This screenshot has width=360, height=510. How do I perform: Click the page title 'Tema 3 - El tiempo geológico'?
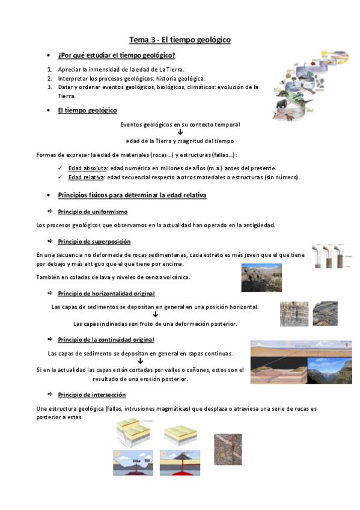point(180,40)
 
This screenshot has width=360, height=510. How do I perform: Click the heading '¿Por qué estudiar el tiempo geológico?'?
point(117,55)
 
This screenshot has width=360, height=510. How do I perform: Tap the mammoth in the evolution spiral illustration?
point(282,103)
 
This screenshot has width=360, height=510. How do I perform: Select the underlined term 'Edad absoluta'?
point(88,168)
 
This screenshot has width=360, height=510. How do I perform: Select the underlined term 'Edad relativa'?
point(87,177)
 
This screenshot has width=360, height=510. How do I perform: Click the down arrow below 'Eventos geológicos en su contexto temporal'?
point(180,133)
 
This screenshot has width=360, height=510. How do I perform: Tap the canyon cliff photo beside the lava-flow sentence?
point(261,277)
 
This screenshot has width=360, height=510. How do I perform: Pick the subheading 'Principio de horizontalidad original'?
point(106,293)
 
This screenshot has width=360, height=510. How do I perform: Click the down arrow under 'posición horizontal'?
point(155,315)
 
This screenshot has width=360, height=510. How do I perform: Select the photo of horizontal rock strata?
point(294,313)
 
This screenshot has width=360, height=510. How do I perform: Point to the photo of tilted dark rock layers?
point(325,313)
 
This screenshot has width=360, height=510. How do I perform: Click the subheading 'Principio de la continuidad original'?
point(106,340)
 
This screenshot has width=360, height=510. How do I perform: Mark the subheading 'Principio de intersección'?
point(92,395)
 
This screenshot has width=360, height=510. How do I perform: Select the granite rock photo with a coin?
point(228,449)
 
